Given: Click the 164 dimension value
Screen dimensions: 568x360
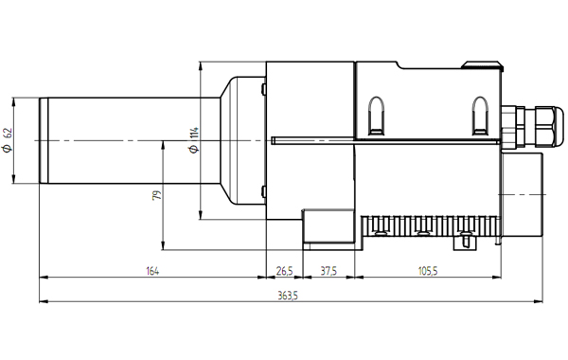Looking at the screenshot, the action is pos(152,271).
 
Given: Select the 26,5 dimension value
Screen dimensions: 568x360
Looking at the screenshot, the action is pos(284,271).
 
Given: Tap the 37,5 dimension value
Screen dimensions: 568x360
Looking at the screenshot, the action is pos(328,271).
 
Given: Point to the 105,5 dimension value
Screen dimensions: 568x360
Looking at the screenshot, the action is pos(428,271).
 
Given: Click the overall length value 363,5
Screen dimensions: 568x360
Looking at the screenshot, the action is pos(288,296).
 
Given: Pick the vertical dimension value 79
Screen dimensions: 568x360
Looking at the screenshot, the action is pos(157,195).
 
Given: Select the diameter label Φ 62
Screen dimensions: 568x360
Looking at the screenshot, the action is pos(8,140).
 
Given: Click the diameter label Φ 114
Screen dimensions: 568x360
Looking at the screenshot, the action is pos(194,139).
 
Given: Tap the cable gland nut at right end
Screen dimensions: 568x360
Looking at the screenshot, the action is pos(545,126).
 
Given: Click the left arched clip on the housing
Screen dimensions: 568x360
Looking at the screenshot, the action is pos(377,116).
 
